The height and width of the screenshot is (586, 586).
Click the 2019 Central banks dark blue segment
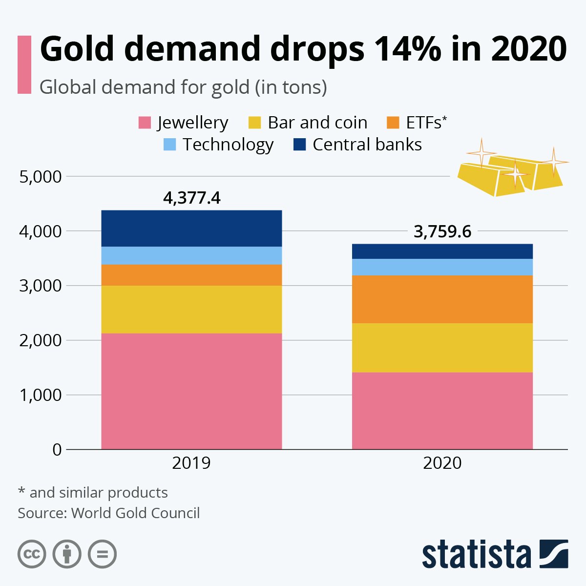191,228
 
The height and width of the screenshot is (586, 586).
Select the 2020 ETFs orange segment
442,299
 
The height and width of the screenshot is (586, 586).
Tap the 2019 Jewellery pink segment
191,391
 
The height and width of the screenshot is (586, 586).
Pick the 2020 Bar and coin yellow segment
442,347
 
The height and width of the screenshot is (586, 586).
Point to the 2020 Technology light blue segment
442,267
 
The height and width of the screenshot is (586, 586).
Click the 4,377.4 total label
191,198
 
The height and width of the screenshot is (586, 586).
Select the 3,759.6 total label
442,231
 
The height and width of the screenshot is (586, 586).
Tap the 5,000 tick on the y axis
41,176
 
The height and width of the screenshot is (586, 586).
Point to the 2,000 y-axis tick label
41,340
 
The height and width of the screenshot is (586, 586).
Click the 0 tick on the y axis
57,450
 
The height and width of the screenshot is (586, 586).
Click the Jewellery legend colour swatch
145,123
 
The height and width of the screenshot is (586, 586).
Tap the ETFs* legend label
426,123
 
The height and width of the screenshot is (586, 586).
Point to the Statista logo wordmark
476,555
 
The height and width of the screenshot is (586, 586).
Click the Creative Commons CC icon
32,554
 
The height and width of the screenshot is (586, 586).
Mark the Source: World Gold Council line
109,513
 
